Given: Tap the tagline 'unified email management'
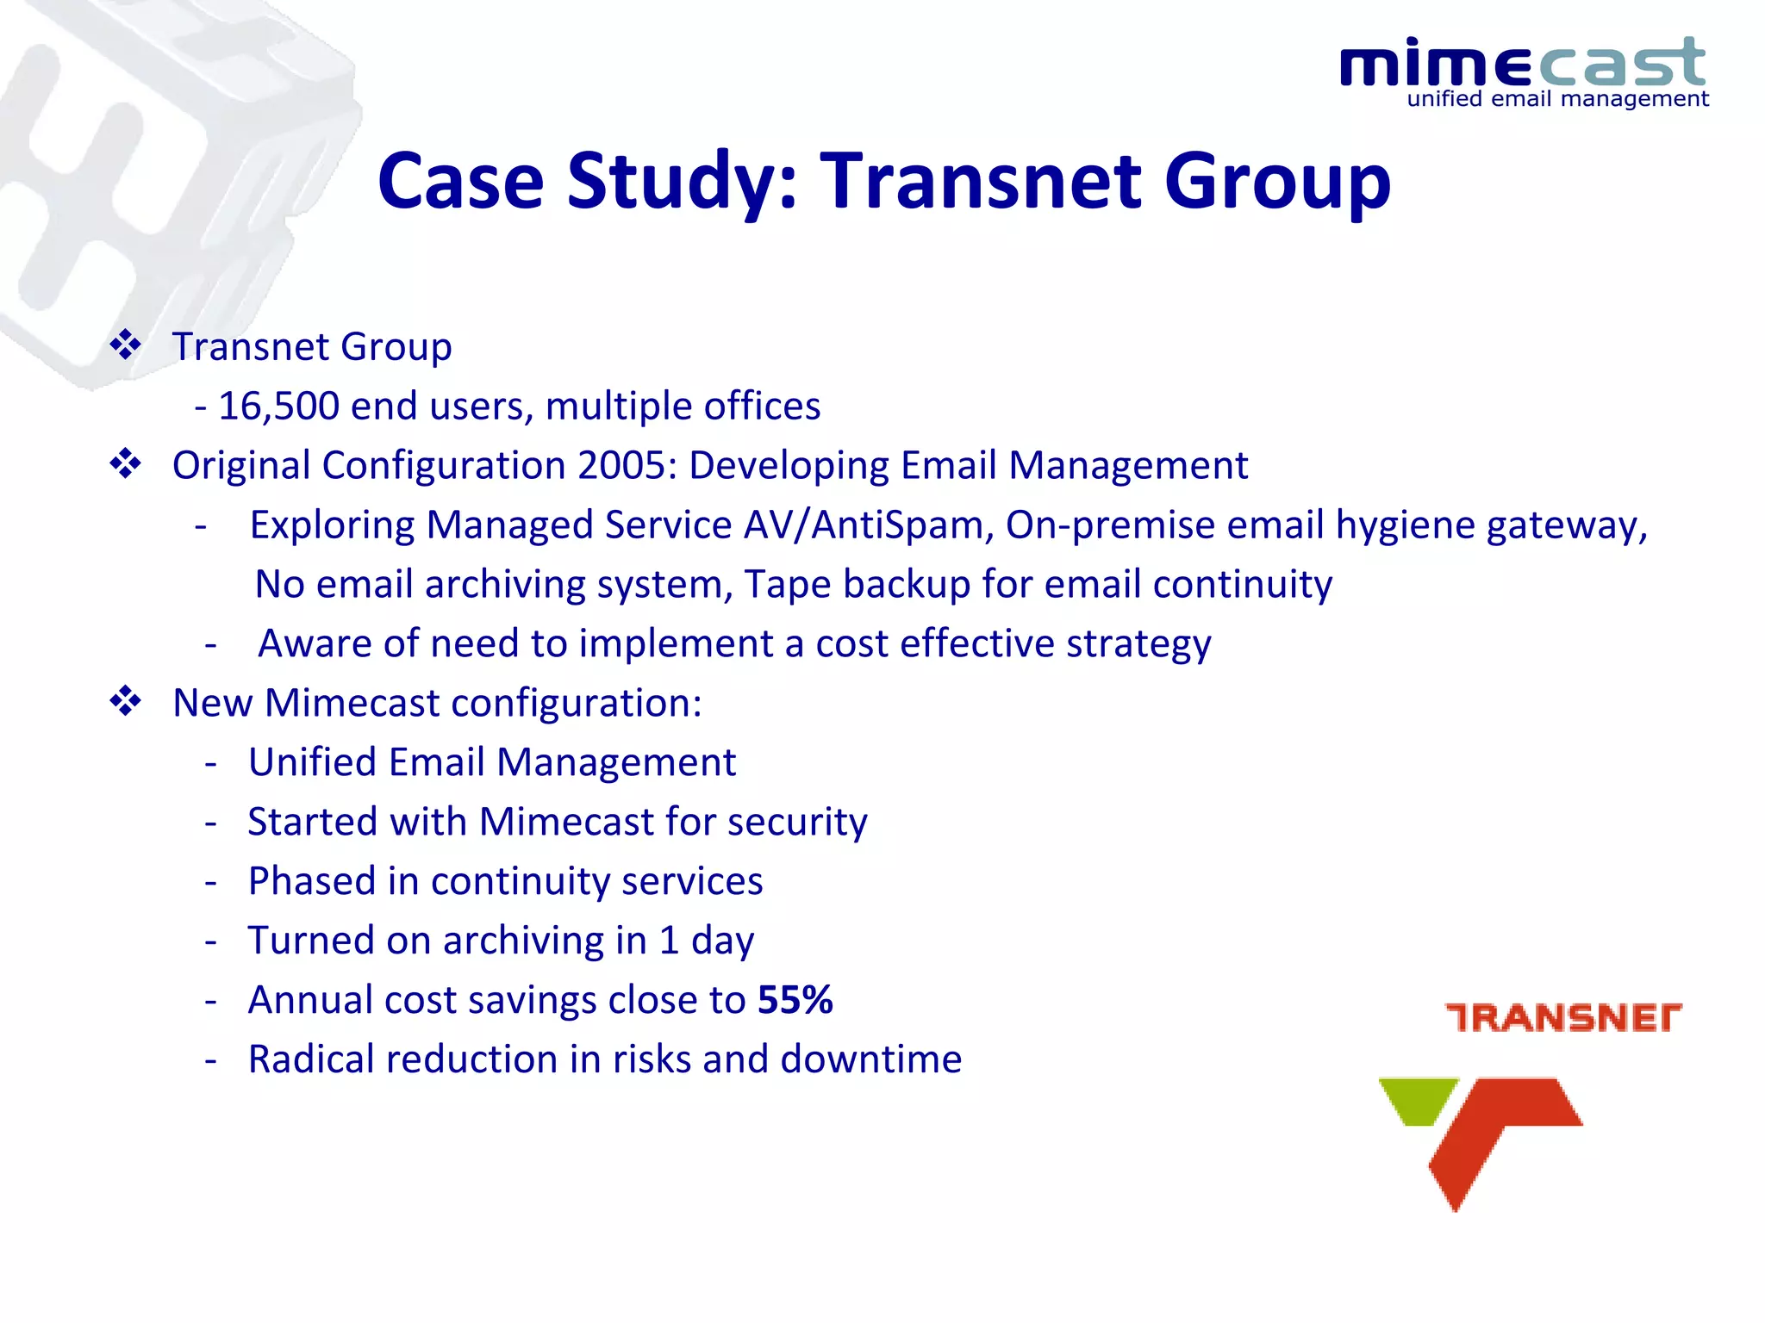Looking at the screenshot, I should (x=1557, y=100).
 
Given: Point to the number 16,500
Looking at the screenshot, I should (x=278, y=406).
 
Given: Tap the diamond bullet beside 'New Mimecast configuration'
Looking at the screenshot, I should (x=126, y=701).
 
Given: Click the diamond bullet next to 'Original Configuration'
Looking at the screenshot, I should (x=126, y=464).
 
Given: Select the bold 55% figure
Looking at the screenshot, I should (x=795, y=1000).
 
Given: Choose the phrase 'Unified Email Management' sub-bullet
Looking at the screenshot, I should (x=491, y=762).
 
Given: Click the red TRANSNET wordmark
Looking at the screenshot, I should (x=1562, y=1017).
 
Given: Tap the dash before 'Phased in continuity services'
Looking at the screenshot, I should (x=210, y=882).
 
